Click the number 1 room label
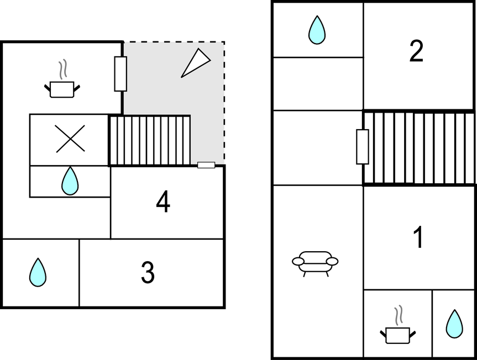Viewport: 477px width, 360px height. click(418, 237)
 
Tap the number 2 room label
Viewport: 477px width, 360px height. click(416, 51)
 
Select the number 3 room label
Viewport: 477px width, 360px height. click(148, 273)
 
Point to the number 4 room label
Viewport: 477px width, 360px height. click(163, 201)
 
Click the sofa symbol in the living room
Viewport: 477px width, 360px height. click(315, 263)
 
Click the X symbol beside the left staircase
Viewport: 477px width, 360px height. click(70, 139)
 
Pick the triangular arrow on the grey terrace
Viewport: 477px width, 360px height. click(195, 63)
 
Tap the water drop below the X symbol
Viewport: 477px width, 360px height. click(70, 181)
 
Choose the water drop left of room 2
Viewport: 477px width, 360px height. click(317, 30)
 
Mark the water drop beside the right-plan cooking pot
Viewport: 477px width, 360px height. click(454, 324)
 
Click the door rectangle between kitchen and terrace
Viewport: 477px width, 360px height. click(120, 74)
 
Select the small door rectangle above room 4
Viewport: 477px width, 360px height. click(206, 165)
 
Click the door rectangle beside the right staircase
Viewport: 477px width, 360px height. click(363, 147)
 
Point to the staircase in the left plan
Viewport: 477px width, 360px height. click(150, 140)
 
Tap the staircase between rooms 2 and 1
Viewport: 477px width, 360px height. click(419, 147)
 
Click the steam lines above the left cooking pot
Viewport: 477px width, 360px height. click(63, 70)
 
